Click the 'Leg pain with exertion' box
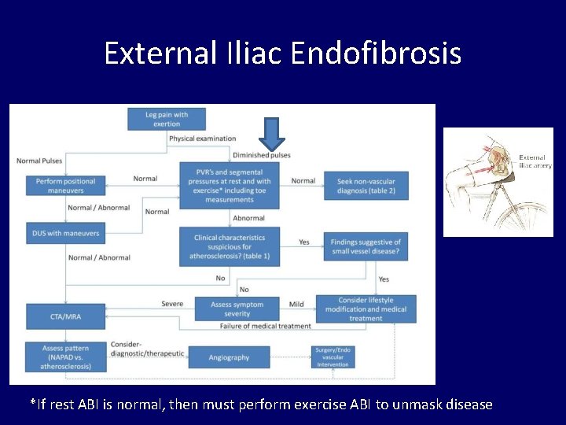(167, 119)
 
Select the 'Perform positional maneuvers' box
(65, 186)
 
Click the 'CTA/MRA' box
(65, 316)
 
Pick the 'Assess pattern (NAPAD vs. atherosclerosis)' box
(65, 357)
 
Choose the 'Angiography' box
(229, 357)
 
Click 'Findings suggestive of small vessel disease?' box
(366, 246)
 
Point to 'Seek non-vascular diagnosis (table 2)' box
(366, 186)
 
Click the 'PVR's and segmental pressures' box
(229, 186)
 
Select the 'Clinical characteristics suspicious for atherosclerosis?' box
(229, 247)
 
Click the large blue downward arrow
(271, 134)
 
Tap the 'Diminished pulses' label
(261, 155)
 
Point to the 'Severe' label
(172, 304)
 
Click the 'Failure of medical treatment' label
(266, 326)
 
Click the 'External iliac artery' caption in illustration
(535, 161)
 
